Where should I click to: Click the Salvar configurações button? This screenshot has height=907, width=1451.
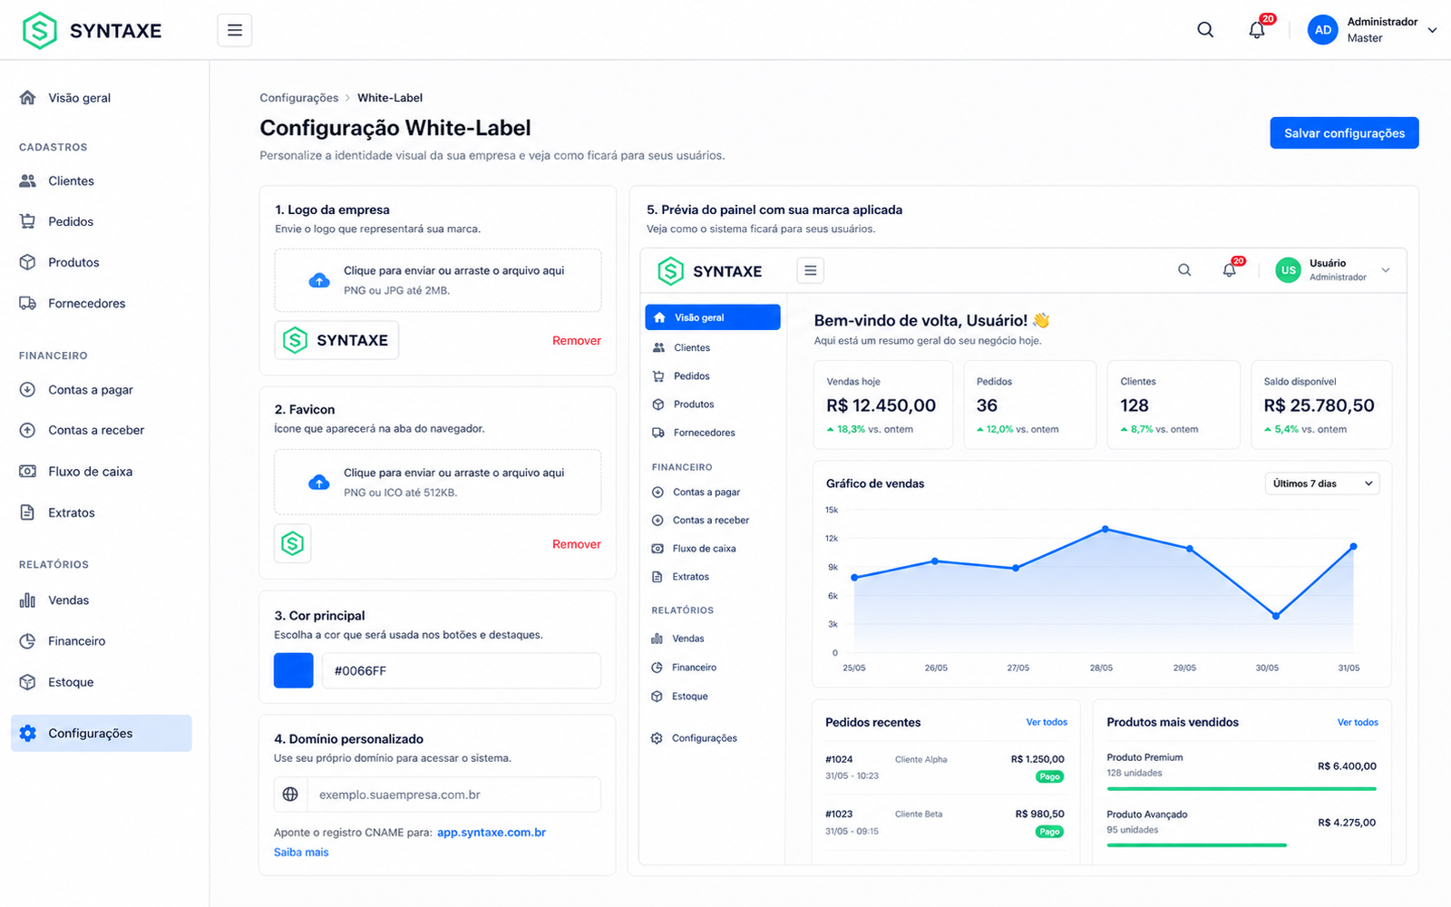click(x=1344, y=132)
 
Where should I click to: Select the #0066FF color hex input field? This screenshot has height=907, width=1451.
click(x=462, y=670)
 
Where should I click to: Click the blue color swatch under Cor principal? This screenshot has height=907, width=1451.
click(x=294, y=670)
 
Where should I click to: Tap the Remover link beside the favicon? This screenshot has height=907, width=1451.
click(x=577, y=544)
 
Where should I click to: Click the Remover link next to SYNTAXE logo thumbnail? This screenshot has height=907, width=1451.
click(x=577, y=341)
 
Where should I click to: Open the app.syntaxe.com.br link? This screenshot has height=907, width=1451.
click(x=491, y=833)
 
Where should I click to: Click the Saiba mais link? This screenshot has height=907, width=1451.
click(x=301, y=853)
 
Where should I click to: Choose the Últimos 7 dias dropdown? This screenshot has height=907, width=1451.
click(x=1322, y=484)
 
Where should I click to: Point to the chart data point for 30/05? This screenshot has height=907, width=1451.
click(x=1275, y=616)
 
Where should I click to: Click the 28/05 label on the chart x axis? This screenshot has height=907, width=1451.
click(x=1101, y=668)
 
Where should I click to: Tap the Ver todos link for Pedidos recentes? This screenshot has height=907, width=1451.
click(x=1047, y=722)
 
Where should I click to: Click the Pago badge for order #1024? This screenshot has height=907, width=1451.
click(x=1049, y=776)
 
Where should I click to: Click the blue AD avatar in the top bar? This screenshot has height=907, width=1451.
click(x=1323, y=30)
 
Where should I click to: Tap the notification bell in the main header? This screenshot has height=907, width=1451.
click(x=1257, y=30)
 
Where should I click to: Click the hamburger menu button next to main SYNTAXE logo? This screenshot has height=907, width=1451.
click(x=235, y=30)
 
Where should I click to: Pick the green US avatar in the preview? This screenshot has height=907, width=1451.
click(x=1289, y=270)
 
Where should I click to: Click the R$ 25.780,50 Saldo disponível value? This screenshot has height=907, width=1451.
click(x=1319, y=405)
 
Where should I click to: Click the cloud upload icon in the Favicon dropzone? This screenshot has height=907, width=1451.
click(x=318, y=483)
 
